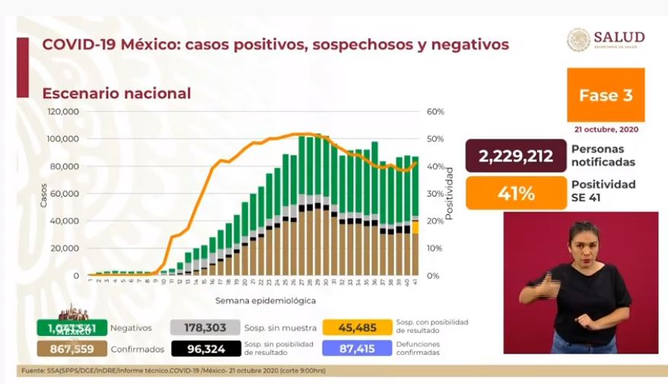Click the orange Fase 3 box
tap(606, 95)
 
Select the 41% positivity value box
tap(517, 193)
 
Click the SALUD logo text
tap(619, 38)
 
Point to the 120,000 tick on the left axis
tap(63, 111)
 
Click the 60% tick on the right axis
tap(435, 111)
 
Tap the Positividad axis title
tap(450, 194)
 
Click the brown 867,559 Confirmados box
tap(70, 348)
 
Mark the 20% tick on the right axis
tap(435, 221)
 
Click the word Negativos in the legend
tap(131, 328)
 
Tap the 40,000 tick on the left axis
tap(65, 221)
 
